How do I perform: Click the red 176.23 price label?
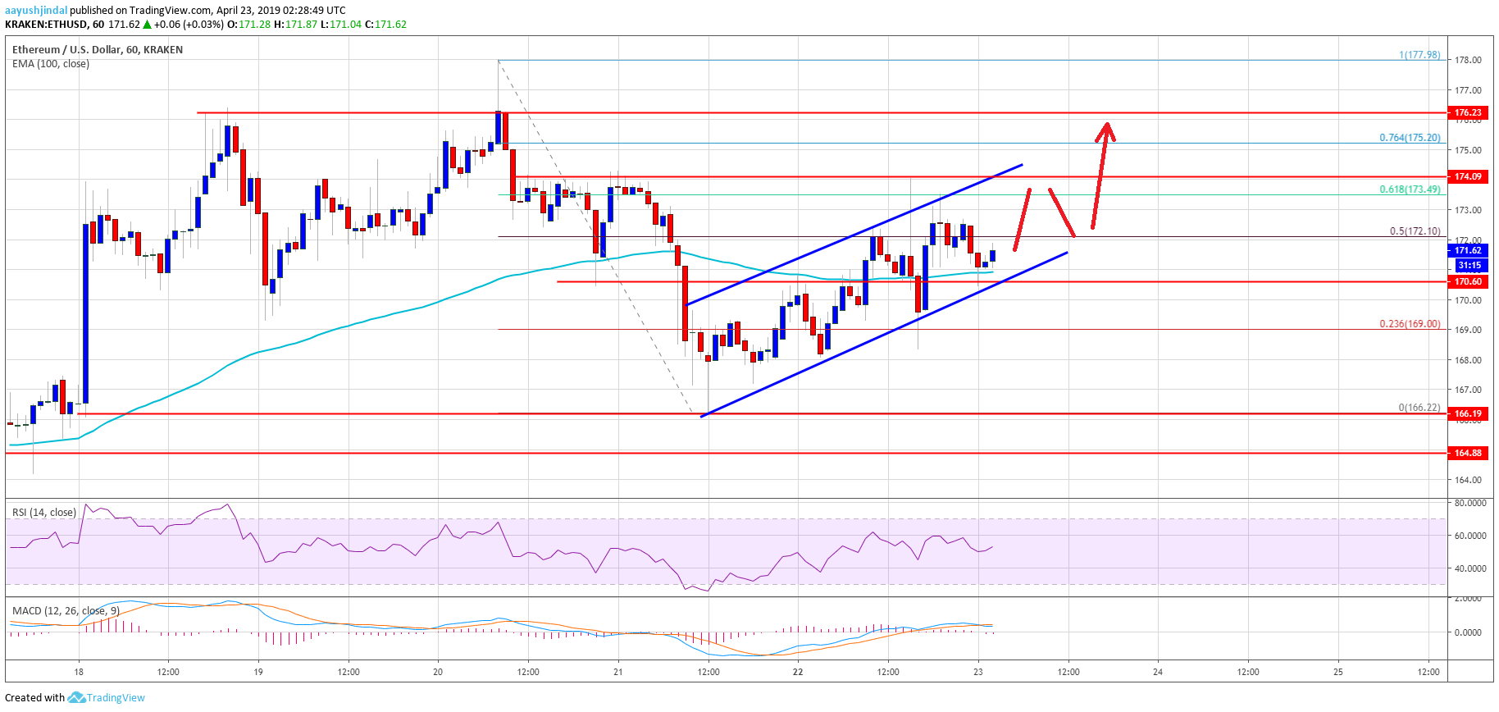tap(1467, 112)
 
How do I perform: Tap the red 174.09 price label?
tap(1467, 176)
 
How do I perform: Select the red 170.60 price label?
tap(1467, 281)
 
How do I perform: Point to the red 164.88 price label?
tap(1467, 453)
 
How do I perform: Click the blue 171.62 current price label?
tap(1467, 250)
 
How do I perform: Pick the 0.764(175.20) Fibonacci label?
tap(1409, 138)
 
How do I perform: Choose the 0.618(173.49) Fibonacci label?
tap(1409, 189)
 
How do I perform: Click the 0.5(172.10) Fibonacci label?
tap(1415, 231)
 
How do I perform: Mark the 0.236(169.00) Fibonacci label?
tap(1409, 324)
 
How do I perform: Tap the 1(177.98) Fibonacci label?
tap(1419, 55)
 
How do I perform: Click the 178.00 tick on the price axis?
tap(1467, 60)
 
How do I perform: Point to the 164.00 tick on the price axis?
tap(1467, 480)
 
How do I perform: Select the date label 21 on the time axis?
tap(618, 672)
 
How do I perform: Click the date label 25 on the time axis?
tap(1338, 672)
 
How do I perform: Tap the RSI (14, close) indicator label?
tap(44, 513)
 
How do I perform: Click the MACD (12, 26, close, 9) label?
tap(66, 611)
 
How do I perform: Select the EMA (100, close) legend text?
tap(51, 64)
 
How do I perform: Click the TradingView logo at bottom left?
tap(107, 698)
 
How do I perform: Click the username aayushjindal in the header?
tap(36, 11)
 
